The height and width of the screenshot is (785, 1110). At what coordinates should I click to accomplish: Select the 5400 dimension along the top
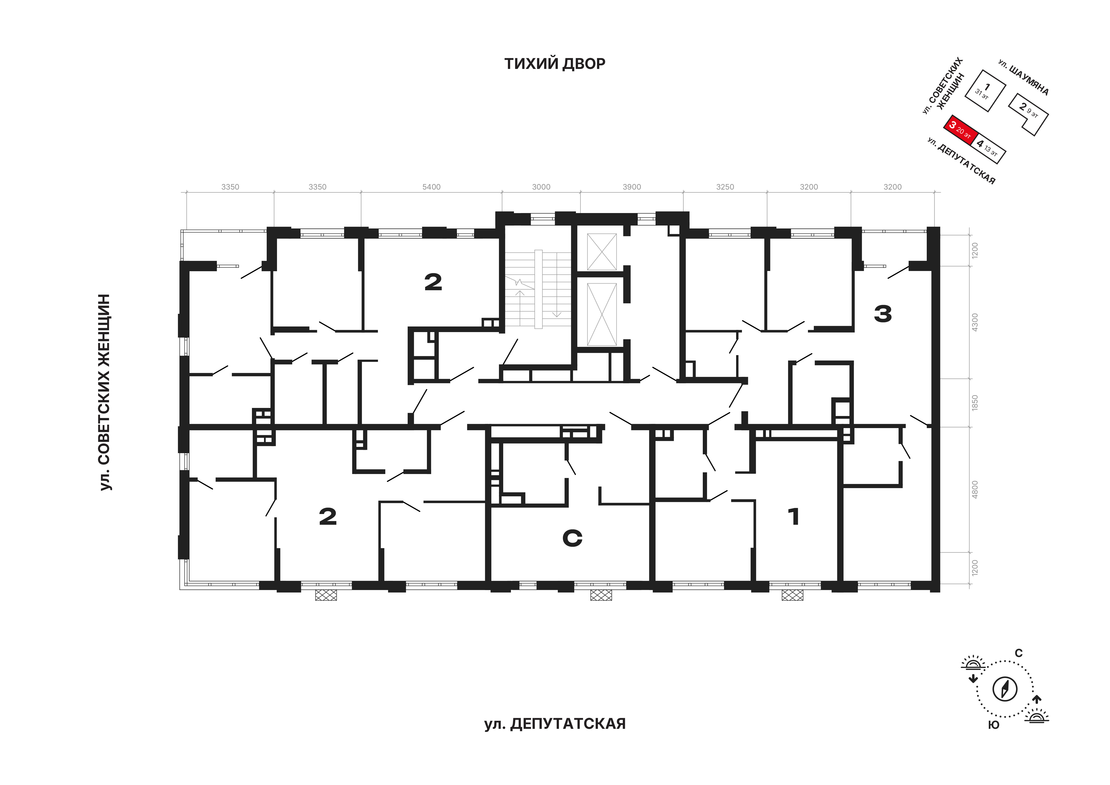point(431,187)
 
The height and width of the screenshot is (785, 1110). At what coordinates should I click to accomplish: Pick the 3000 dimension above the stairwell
point(541,187)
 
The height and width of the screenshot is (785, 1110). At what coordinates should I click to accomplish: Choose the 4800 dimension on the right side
point(975,490)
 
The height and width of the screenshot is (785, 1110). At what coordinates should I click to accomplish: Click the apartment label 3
point(883,314)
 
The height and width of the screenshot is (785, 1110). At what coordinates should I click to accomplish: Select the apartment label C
point(572,538)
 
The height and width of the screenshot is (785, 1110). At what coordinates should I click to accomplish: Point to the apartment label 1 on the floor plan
point(793,517)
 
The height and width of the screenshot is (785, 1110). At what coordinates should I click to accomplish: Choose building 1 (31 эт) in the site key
point(985,91)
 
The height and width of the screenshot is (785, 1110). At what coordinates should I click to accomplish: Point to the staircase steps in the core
point(538,289)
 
